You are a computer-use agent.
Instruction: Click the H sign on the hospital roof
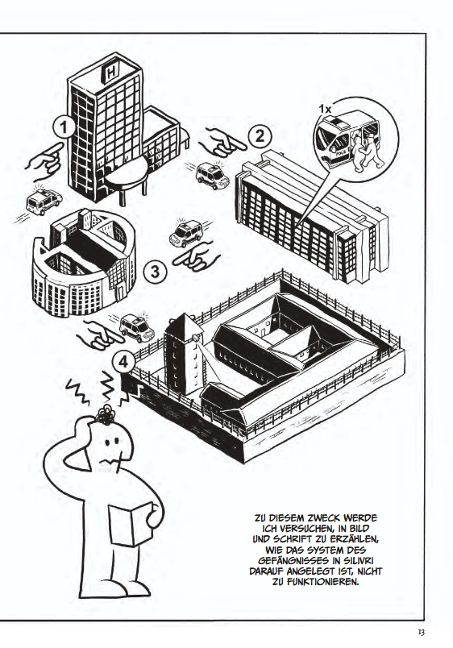point(111,73)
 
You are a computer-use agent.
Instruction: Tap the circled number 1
point(64,127)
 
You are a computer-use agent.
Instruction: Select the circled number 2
point(260,137)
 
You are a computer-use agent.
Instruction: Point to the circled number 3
point(154,272)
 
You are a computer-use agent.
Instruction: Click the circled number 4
point(123,363)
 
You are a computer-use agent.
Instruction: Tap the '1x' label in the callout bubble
point(325,109)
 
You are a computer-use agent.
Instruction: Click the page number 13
point(422,633)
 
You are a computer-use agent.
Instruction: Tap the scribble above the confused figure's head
point(106,414)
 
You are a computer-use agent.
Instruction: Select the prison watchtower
point(184,353)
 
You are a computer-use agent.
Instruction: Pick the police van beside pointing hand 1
point(44,202)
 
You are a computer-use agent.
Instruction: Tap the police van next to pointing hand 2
point(212,175)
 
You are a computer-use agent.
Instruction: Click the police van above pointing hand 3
point(186,234)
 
